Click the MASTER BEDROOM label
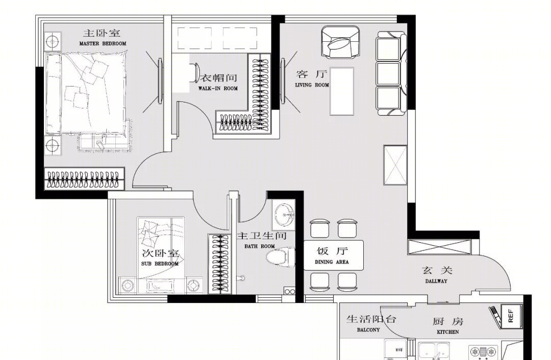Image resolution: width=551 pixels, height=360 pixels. click(103, 43)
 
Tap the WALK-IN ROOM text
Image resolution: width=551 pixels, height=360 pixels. click(218, 89)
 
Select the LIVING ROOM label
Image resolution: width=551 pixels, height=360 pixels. click(312, 85)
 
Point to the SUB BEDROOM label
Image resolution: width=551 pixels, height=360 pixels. click(160, 264)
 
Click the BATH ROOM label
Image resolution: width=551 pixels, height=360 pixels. click(260, 247)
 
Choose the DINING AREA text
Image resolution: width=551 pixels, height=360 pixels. click(332, 262)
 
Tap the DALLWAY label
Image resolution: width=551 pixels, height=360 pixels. click(436, 281)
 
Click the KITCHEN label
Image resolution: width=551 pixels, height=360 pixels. click(448, 332)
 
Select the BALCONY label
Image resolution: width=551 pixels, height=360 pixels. click(368, 330)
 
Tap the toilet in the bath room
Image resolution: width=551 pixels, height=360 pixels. click(281, 258)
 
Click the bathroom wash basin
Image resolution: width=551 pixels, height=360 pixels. click(284, 214)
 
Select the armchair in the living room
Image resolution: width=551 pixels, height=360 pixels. click(340, 42)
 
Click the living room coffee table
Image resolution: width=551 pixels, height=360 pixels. click(341, 91)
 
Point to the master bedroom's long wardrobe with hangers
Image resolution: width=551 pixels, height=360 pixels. click(84, 179)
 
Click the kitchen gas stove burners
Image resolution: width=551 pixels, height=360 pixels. click(483, 352)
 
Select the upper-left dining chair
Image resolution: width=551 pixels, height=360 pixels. click(320, 228)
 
